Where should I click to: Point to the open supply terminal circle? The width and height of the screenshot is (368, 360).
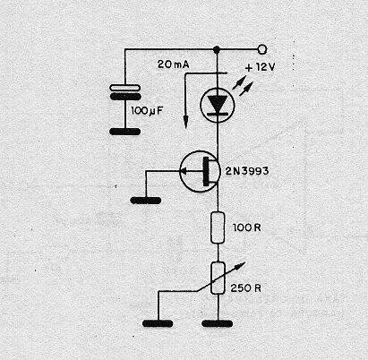(x=261, y=49)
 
